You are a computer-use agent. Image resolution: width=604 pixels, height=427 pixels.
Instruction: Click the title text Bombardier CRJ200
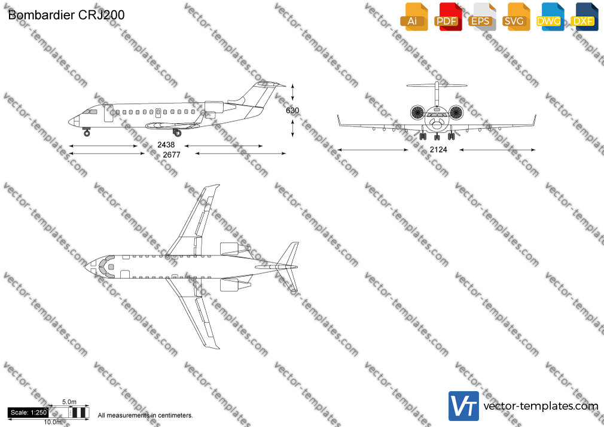(66, 15)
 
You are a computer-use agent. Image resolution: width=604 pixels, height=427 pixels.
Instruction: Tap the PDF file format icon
(448, 17)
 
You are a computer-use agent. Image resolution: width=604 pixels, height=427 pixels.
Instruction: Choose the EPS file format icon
(482, 17)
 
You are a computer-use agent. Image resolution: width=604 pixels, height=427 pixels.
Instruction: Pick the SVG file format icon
(515, 17)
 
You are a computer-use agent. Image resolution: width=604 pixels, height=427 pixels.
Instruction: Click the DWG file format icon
(550, 17)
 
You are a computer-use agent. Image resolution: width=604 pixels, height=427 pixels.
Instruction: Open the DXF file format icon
(584, 17)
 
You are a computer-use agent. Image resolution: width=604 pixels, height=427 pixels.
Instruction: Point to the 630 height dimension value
(292, 111)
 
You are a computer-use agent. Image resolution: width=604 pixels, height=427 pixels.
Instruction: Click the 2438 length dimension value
(166, 145)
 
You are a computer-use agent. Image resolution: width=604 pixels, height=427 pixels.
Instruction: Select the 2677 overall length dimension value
(172, 155)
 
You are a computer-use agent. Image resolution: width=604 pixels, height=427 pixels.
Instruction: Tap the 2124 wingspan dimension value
(438, 150)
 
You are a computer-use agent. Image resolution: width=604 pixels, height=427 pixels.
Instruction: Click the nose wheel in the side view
(87, 133)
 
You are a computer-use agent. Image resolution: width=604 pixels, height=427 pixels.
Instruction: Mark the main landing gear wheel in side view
(178, 133)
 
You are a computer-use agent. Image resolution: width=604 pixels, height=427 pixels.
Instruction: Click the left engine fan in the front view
(417, 112)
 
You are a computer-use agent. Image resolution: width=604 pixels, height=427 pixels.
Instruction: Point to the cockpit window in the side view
(91, 112)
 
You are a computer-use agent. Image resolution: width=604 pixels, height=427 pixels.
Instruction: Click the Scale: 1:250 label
(29, 413)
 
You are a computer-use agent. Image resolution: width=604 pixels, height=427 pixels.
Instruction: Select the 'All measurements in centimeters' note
(145, 416)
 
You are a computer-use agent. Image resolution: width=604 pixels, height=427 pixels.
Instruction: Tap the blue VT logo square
(464, 406)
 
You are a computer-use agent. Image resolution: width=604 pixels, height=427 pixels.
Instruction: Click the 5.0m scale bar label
(69, 402)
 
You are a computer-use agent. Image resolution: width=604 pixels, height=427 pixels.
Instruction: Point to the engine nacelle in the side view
(214, 106)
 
